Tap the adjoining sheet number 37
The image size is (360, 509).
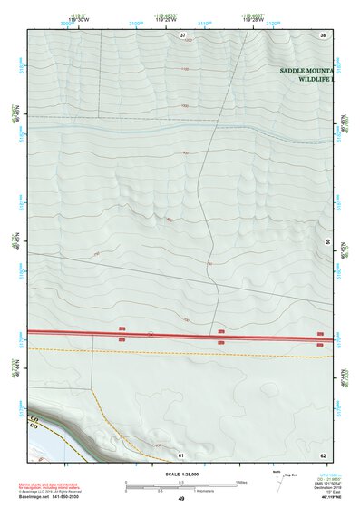coord(183,34)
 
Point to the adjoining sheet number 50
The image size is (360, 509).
coord(327,241)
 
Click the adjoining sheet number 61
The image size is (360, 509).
coord(180,454)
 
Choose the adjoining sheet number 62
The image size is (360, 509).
coord(322,454)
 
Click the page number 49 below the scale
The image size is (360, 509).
coord(180,499)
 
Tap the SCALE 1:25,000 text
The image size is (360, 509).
coord(180,475)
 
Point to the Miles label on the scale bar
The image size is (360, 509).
coord(240,482)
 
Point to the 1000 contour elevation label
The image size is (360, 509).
coord(184,105)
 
